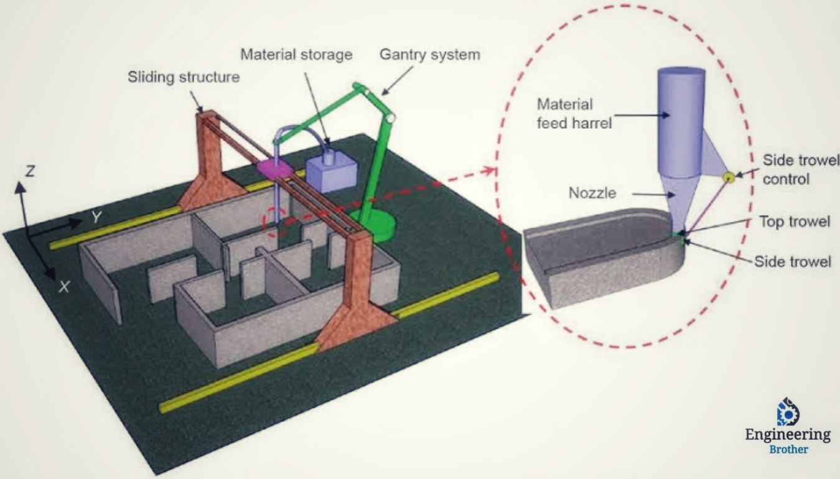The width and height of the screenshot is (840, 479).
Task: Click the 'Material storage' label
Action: click(x=296, y=55)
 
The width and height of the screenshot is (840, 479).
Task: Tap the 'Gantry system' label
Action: click(x=430, y=54)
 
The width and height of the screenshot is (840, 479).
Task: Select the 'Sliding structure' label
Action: click(x=184, y=78)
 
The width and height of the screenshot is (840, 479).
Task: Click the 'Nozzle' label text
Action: click(x=592, y=193)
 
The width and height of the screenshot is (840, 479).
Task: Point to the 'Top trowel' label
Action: click(x=795, y=221)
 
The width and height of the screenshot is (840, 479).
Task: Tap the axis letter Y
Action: click(x=96, y=216)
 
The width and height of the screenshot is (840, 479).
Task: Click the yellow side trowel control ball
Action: click(x=728, y=178)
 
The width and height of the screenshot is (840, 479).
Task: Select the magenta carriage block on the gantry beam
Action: click(x=274, y=168)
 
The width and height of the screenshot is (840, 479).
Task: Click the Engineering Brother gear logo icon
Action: click(x=788, y=412)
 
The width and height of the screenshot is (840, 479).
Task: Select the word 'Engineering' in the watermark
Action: click(x=788, y=434)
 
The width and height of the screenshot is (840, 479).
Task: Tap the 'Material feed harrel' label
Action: click(x=574, y=113)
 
